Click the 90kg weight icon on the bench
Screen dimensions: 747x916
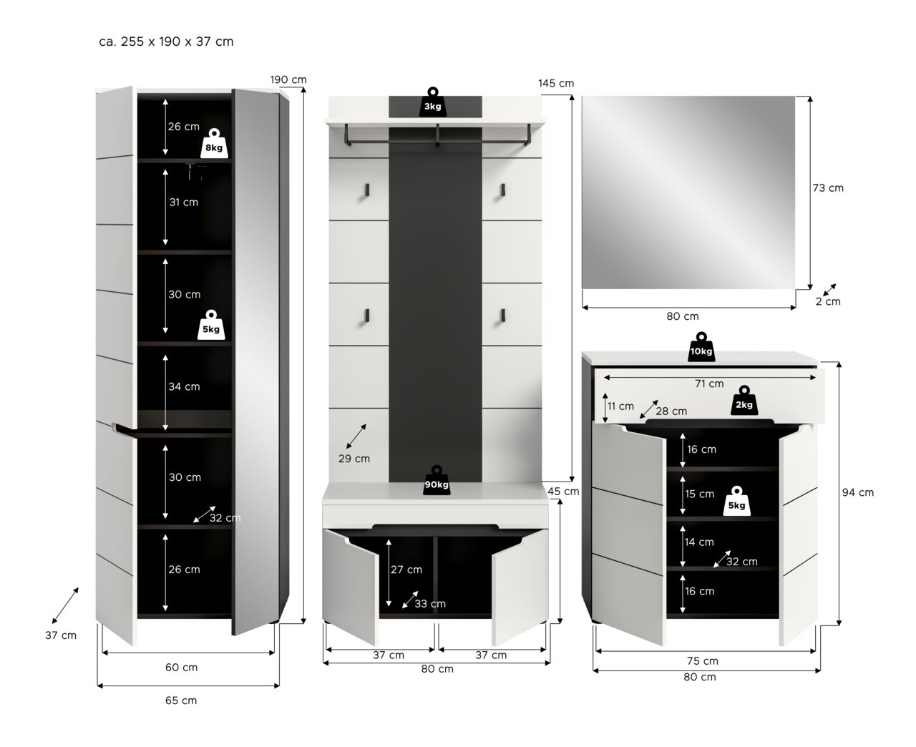click(x=437, y=480)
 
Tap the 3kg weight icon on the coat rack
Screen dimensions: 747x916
click(x=432, y=102)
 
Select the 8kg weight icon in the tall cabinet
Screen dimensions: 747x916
click(x=213, y=143)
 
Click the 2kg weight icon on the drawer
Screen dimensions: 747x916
click(x=744, y=400)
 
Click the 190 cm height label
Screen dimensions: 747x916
click(x=288, y=79)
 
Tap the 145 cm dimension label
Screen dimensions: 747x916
click(x=556, y=83)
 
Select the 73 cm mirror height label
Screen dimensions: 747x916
click(x=828, y=188)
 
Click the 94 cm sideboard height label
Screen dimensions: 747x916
click(x=857, y=492)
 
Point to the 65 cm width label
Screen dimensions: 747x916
click(x=181, y=700)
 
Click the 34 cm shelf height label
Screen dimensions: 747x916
click(x=184, y=387)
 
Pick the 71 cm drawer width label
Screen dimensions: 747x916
click(x=708, y=384)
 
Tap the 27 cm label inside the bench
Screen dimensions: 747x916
click(x=406, y=570)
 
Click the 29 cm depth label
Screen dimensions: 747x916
click(x=354, y=459)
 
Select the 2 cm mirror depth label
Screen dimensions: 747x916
click(x=828, y=301)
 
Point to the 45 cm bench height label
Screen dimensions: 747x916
click(x=563, y=492)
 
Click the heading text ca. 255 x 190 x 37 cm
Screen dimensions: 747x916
click(x=166, y=41)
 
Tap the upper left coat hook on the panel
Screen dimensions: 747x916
click(x=366, y=189)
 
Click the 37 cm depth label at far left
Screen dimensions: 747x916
click(x=60, y=635)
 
